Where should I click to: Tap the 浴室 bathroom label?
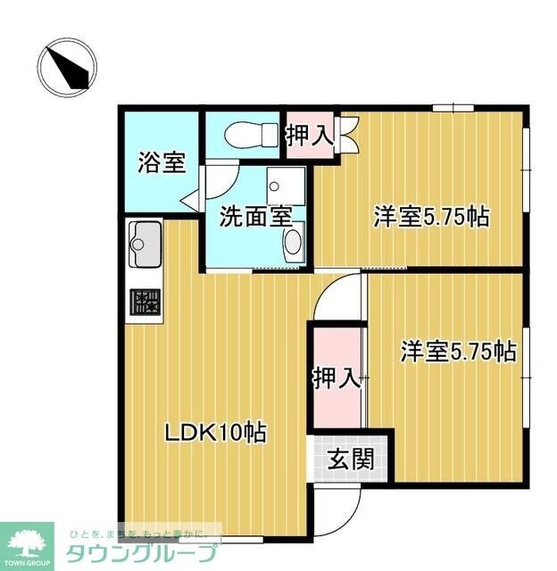[162, 163]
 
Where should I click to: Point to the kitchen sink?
[145, 242]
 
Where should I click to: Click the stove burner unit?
[145, 301]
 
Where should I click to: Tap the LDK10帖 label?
[213, 434]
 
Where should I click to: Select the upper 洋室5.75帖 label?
[430, 216]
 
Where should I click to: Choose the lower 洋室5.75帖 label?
[456, 352]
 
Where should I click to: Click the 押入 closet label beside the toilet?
[309, 137]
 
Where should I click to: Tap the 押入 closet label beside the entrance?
[336, 377]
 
